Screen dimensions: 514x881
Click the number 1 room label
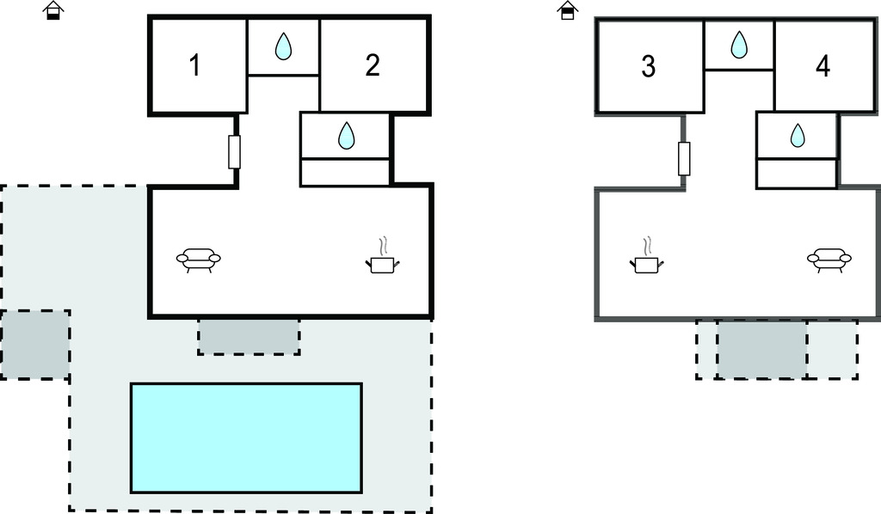click(195, 65)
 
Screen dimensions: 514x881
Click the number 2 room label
click(373, 65)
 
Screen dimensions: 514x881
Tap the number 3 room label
click(649, 66)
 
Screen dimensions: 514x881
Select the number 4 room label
click(823, 66)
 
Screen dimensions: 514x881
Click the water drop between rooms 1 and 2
click(283, 47)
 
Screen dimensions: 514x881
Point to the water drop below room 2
click(346, 135)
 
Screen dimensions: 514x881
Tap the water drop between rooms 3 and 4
click(739, 45)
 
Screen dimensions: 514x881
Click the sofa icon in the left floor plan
click(199, 258)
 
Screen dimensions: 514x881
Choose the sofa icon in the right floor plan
click(829, 258)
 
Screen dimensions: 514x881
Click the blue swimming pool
click(246, 438)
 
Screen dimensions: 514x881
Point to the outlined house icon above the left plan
click(53, 10)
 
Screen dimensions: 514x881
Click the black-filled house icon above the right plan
click(567, 10)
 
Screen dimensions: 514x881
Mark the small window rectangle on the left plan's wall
click(234, 152)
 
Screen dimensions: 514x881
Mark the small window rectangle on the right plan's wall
click(684, 158)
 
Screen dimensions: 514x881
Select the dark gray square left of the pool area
click(34, 345)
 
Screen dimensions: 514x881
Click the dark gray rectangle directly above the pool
click(249, 336)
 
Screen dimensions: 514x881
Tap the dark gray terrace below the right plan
click(761, 349)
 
